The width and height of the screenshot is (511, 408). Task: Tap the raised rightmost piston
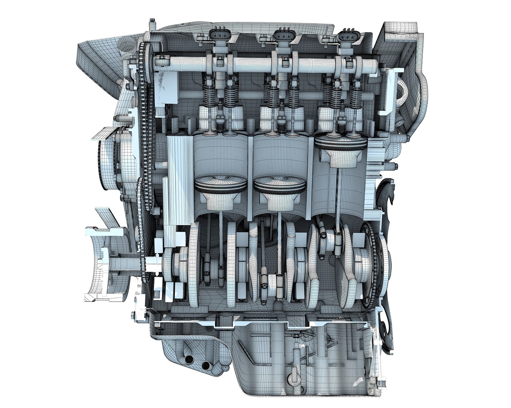[x=341, y=143]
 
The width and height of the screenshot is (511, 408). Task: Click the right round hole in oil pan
[x=207, y=365]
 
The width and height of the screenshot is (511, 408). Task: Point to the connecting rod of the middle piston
[x=279, y=242]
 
